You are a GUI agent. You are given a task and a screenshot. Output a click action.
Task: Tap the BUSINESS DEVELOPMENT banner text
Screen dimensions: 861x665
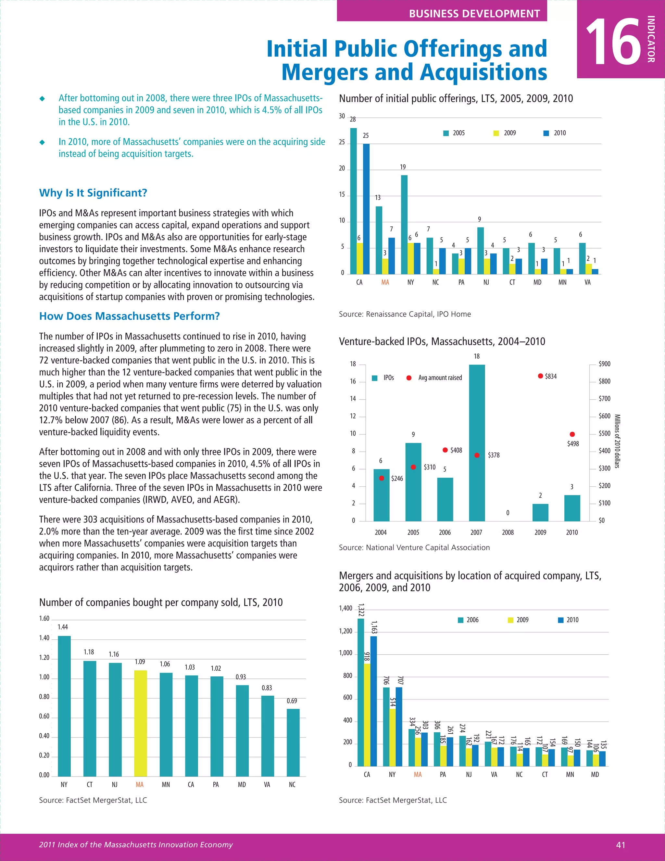(474, 13)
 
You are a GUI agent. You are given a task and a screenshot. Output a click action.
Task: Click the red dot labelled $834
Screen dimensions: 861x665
(541, 376)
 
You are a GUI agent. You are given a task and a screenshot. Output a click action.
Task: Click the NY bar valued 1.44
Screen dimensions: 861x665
(64, 706)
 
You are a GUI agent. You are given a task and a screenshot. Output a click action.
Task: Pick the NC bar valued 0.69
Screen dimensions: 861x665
(293, 742)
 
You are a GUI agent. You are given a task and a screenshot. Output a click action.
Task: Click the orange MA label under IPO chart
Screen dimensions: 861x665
(385, 282)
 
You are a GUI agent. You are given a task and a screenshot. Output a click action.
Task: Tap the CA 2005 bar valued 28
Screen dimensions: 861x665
(353, 201)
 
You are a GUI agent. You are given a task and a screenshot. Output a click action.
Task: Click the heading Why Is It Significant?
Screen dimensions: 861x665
(93, 193)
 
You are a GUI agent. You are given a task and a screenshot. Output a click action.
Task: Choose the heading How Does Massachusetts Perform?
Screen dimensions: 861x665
(129, 316)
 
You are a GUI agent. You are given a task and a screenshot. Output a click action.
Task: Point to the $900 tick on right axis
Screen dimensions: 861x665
(604, 364)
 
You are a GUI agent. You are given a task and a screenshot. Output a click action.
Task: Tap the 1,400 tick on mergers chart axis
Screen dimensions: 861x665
(345, 608)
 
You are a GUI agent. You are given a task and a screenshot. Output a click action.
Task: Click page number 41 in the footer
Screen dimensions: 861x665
(621, 844)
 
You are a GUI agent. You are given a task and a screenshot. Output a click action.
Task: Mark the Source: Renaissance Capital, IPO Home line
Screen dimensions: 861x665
(405, 314)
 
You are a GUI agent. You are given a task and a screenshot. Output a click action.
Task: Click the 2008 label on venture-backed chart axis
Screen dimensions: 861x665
(508, 532)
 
